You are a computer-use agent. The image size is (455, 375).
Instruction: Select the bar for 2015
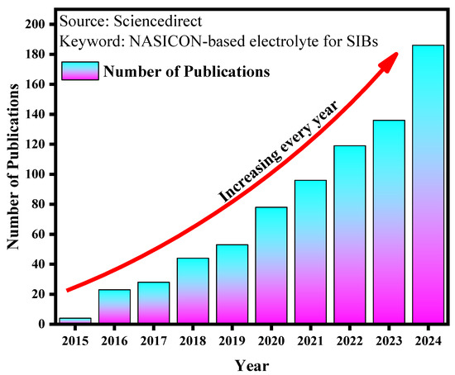click(75, 320)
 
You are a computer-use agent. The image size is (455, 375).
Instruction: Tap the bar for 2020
click(271, 265)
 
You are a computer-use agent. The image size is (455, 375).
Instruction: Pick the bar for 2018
click(193, 291)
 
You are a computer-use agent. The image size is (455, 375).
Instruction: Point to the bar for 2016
click(114, 306)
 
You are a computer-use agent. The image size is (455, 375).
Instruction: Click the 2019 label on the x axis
click(232, 339)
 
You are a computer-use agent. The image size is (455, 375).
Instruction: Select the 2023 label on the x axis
click(388, 339)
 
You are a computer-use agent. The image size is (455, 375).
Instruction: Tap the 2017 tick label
click(153, 339)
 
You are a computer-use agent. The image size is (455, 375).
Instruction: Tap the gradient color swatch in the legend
click(80, 71)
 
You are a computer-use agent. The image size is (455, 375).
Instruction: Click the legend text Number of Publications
click(186, 72)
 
